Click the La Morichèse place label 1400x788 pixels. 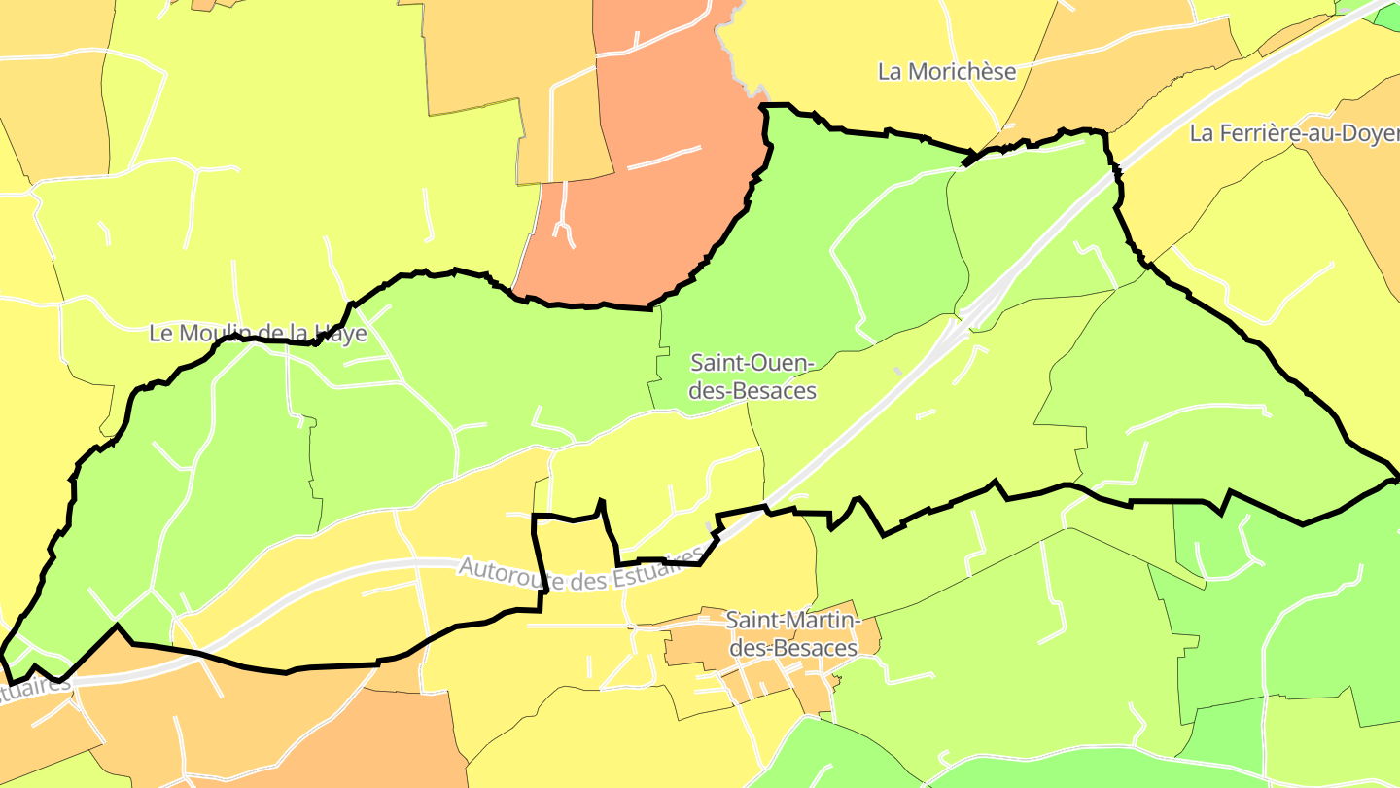click(x=947, y=71)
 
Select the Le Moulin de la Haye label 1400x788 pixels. click(x=258, y=334)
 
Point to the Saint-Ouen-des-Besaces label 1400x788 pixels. click(x=752, y=376)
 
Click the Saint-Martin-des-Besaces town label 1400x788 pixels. click(x=792, y=633)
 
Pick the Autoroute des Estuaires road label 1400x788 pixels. click(x=581, y=573)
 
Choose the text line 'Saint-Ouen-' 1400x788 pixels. click(x=752, y=363)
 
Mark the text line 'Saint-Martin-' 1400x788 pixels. click(x=792, y=620)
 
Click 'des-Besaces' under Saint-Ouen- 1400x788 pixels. click(x=752, y=391)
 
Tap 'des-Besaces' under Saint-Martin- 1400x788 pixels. click(x=792, y=648)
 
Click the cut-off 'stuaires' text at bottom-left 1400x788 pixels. click(x=35, y=687)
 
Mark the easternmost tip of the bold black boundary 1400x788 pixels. click(x=1396, y=479)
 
